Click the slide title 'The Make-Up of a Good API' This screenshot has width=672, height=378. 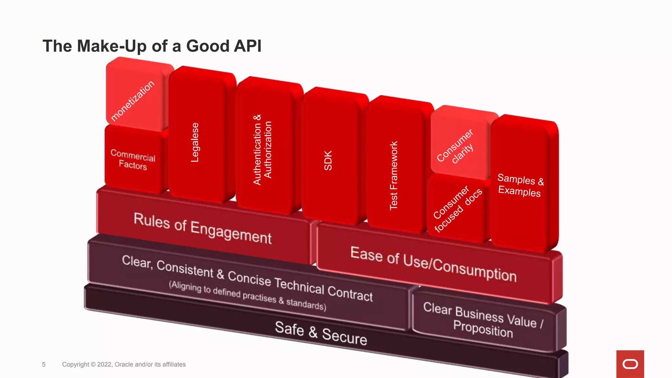click(152, 46)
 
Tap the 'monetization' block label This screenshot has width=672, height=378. click(133, 101)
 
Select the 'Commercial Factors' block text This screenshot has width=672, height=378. click(133, 159)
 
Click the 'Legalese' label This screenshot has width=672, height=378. click(195, 142)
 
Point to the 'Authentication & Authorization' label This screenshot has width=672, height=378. click(262, 150)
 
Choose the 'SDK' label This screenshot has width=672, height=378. click(328, 160)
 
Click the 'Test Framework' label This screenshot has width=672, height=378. click(393, 175)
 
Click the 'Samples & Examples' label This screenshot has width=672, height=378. click(520, 185)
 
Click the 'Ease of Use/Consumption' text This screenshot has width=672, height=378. click(433, 264)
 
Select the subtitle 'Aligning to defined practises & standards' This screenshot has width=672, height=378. click(247, 296)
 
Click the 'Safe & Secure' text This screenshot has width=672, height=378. click(321, 333)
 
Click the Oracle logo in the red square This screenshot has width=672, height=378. click(630, 364)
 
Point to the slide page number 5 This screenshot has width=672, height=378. click(44, 365)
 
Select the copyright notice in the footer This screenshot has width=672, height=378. click(124, 365)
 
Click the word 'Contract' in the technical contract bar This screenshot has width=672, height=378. click(350, 293)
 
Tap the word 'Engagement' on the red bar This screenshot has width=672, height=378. click(231, 232)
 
